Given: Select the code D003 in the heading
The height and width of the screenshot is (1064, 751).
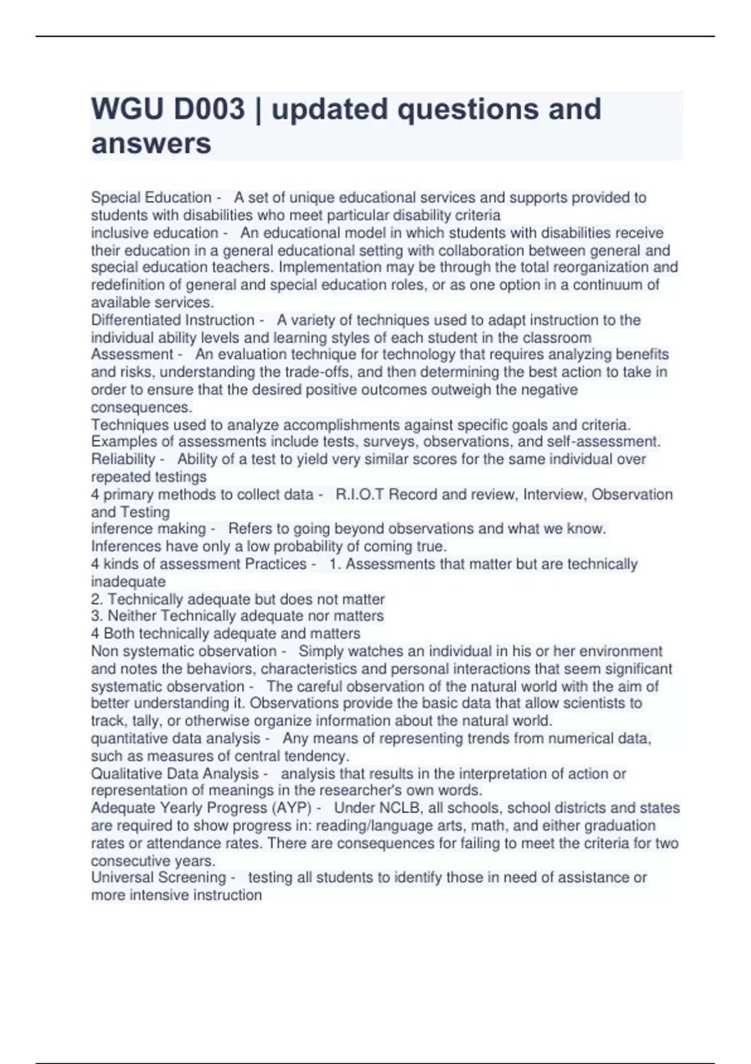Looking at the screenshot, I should click(210, 110).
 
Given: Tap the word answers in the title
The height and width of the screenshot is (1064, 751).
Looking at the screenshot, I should click(151, 144).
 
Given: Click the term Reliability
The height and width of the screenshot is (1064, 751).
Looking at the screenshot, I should click(123, 459).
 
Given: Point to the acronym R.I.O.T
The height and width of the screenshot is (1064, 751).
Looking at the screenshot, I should click(359, 494).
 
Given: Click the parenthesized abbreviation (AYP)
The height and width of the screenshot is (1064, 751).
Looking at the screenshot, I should click(290, 808).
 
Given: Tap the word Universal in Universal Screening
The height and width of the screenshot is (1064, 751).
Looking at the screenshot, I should click(118, 877).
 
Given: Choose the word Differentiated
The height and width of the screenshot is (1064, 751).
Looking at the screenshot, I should click(132, 320).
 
